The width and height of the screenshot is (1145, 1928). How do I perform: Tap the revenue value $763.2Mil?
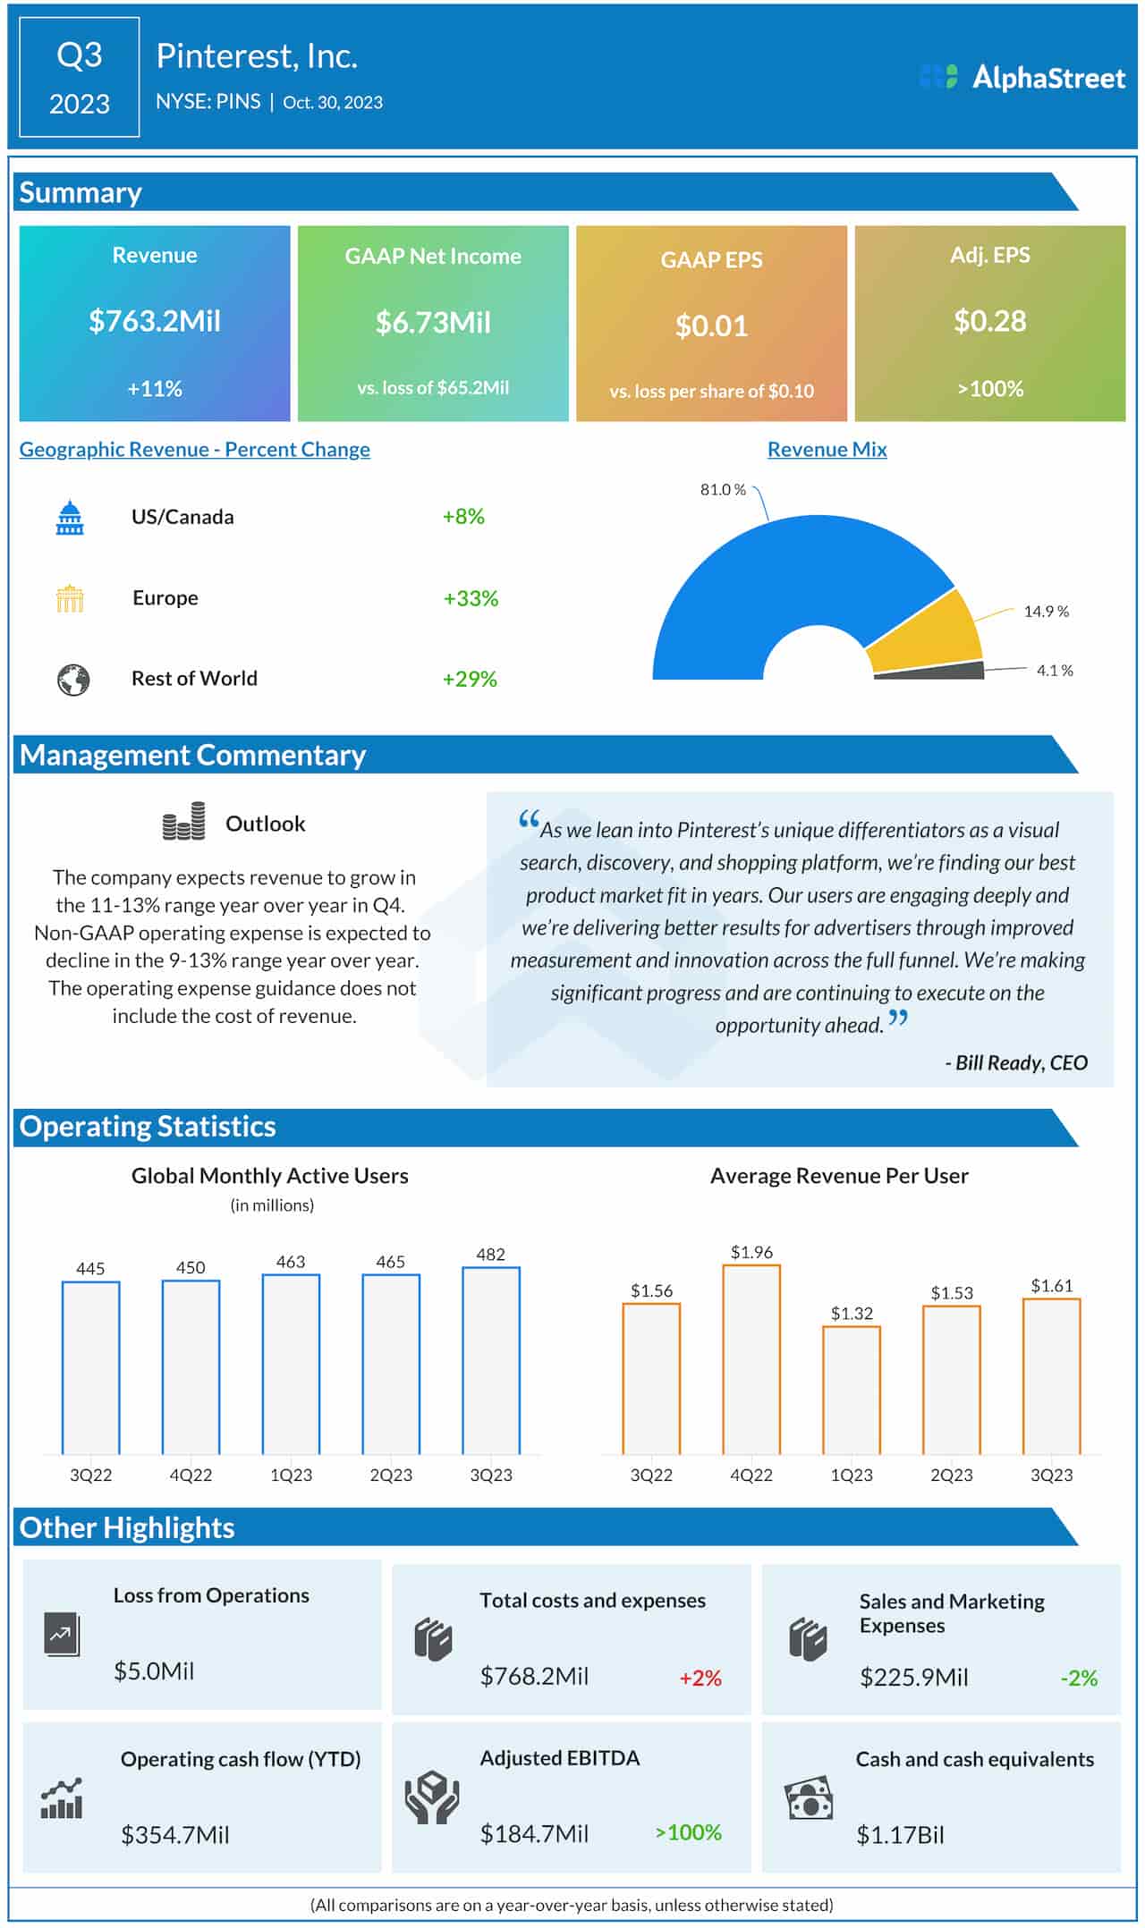coord(155,321)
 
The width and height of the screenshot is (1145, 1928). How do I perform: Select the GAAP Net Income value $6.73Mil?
coord(433,322)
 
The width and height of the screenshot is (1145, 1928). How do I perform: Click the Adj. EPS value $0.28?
coord(989,321)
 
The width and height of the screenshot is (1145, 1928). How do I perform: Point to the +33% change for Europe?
coord(471,598)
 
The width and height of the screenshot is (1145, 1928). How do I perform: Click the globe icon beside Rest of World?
coord(73,680)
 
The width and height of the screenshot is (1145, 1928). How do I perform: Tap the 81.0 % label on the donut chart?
coord(722,490)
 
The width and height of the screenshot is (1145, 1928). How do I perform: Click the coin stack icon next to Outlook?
coord(183,822)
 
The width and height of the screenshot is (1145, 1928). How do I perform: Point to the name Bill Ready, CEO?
coord(1017,1062)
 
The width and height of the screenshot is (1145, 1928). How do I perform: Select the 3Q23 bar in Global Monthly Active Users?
coord(491,1360)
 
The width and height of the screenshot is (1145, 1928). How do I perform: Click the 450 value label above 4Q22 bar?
coord(191,1267)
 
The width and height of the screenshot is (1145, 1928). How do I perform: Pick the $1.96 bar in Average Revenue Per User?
coord(751,1359)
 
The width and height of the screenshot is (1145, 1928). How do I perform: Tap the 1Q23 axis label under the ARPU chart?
coord(851,1475)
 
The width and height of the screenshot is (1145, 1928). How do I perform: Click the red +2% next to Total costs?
coord(700,1678)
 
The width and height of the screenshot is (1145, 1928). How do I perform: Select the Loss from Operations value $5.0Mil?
coord(154,1670)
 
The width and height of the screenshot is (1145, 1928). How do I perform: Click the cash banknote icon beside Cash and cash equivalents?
coord(809,1799)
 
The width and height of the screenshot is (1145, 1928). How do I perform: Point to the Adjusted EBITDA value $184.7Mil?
coord(534,1834)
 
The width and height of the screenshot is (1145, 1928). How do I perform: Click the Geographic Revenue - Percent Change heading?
coord(194,450)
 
